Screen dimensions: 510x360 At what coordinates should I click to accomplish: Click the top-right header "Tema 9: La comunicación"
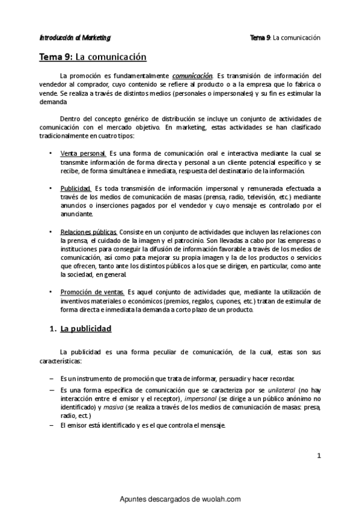click(285, 37)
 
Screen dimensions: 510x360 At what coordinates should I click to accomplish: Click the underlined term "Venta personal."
click(83, 154)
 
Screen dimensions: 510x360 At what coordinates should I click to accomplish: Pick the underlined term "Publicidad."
click(76, 188)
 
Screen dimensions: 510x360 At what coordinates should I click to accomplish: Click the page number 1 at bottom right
click(319, 455)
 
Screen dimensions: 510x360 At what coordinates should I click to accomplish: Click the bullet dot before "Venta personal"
click(50, 155)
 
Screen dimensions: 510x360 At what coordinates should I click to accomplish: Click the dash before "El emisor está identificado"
click(50, 426)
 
